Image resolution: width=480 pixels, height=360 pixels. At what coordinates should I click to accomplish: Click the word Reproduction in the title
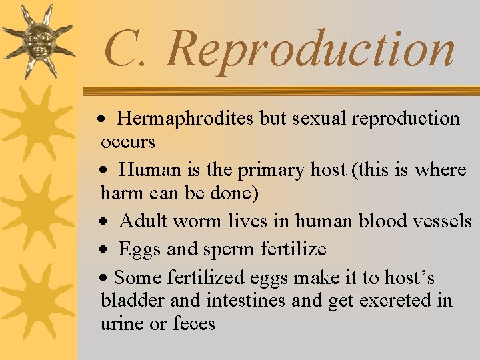pyautogui.click(x=311, y=49)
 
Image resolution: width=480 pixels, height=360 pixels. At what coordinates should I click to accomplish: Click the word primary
pyautogui.click(x=275, y=171)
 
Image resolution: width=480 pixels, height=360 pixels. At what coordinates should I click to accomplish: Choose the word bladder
pyautogui.click(x=133, y=301)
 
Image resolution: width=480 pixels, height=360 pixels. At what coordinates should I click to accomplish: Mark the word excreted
pyautogui.click(x=396, y=301)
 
